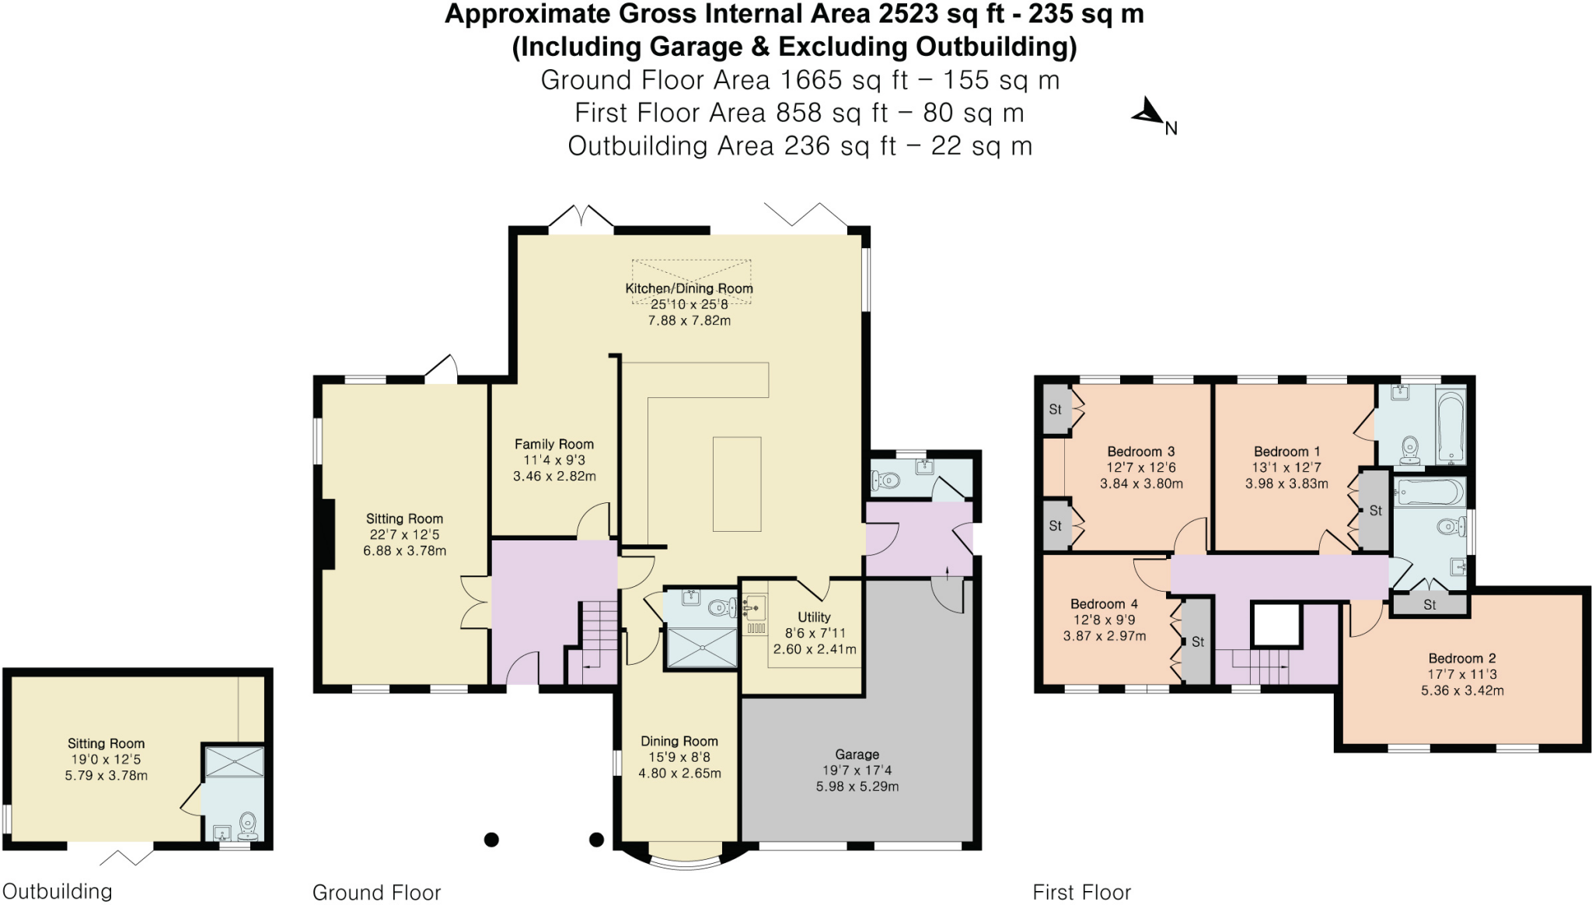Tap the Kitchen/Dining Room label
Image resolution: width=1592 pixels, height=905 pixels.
(689, 288)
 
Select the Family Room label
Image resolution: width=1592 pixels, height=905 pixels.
(553, 444)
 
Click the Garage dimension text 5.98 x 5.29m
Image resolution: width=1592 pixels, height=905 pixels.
(857, 786)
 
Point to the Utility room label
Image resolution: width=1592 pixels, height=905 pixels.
(814, 617)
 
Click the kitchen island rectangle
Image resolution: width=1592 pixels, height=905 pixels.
(737, 484)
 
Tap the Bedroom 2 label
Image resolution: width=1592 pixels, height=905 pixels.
(1461, 658)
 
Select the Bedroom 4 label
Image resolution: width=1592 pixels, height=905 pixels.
(1104, 603)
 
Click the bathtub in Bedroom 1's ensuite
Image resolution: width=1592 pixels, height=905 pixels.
(1451, 427)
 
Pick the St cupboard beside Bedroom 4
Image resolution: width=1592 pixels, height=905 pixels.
(1197, 641)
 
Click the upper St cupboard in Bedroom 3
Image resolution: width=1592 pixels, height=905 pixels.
(1055, 409)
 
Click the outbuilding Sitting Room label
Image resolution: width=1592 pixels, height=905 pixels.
(106, 743)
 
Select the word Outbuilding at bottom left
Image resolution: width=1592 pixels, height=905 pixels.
(58, 891)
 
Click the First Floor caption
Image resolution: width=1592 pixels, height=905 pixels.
(1081, 892)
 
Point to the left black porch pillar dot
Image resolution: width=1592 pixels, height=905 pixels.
(491, 840)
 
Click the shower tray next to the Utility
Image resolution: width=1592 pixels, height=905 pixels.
(702, 648)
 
